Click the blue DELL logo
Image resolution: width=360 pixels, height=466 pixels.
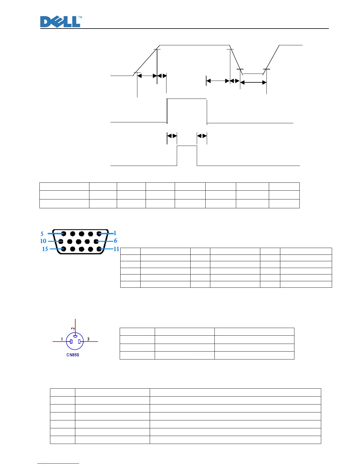(x=60, y=22)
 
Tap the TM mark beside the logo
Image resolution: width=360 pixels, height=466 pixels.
(x=80, y=17)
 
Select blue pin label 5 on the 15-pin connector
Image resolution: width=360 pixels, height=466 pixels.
(x=42, y=234)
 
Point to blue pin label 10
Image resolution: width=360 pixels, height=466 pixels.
(x=43, y=241)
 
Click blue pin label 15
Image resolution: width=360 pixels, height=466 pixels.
(x=45, y=249)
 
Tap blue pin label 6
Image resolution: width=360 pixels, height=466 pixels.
(x=116, y=241)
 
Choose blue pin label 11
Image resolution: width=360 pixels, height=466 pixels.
(x=116, y=249)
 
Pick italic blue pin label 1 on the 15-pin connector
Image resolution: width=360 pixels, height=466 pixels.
(x=115, y=233)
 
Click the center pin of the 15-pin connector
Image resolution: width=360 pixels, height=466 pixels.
(x=78, y=242)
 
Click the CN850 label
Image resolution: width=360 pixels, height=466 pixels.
(x=73, y=355)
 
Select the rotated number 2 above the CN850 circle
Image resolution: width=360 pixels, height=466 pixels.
(x=73, y=328)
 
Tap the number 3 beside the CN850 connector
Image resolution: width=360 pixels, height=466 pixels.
(x=88, y=339)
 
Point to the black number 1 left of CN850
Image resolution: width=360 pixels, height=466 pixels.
(x=62, y=339)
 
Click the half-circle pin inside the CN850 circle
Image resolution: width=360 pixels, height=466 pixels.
(x=75, y=336)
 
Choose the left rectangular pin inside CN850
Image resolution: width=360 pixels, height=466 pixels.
(x=71, y=342)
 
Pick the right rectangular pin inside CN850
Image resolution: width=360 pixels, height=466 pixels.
(x=79, y=342)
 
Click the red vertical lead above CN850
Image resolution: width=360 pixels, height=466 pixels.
(x=76, y=325)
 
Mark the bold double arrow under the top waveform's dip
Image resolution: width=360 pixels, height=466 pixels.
(x=253, y=83)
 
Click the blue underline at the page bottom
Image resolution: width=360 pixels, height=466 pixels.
(x=58, y=464)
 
